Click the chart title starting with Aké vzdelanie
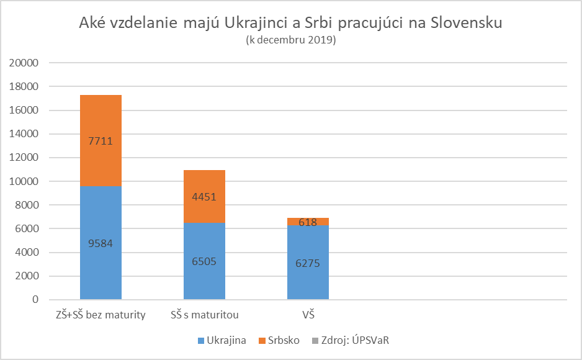pyautogui.click(x=290, y=24)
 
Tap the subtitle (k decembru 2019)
pyautogui.click(x=290, y=40)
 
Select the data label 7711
pyautogui.click(x=101, y=141)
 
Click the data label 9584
pyautogui.click(x=101, y=243)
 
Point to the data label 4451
pyautogui.click(x=204, y=197)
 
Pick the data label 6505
pyautogui.click(x=204, y=261)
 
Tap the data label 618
pyautogui.click(x=308, y=222)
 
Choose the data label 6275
pyautogui.click(x=308, y=263)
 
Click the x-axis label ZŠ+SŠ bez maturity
pyautogui.click(x=101, y=315)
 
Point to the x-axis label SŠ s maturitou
pyautogui.click(x=204, y=315)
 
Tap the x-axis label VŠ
pyautogui.click(x=308, y=315)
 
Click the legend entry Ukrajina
pyautogui.click(x=223, y=340)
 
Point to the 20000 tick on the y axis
pyautogui.click(x=26, y=63)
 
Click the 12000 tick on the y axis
pyautogui.click(x=26, y=158)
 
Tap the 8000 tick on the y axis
pyautogui.click(x=29, y=205)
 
